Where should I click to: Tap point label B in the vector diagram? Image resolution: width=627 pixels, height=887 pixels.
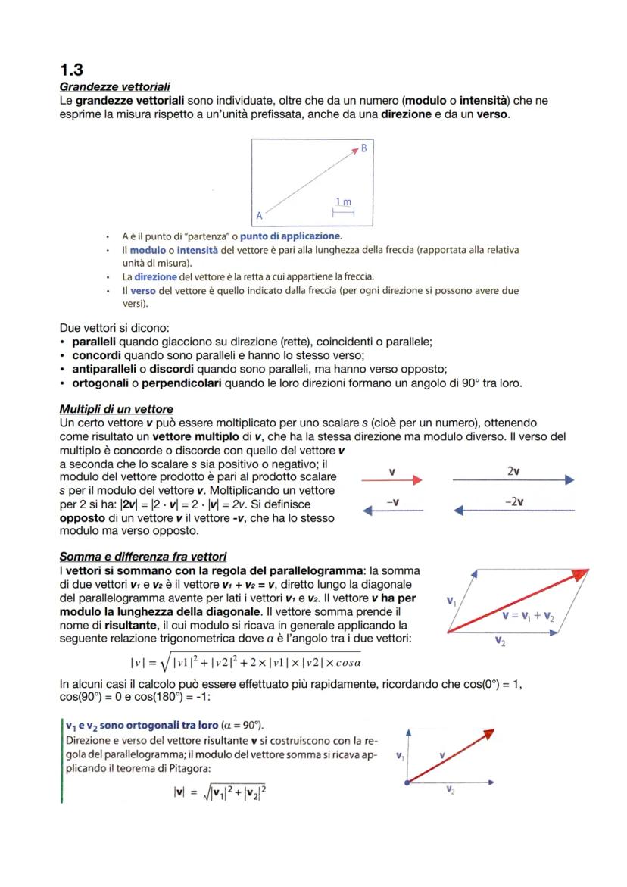(363, 148)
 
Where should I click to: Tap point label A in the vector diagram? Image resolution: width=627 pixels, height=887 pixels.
(259, 214)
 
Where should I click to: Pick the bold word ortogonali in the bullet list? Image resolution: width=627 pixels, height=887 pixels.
(103, 383)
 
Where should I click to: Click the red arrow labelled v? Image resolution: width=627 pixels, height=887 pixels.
(391, 480)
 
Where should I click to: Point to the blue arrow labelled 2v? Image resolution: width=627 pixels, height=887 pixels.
(513, 480)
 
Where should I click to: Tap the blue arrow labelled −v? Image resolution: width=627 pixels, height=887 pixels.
(391, 511)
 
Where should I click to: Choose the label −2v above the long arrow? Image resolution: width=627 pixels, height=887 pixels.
(513, 501)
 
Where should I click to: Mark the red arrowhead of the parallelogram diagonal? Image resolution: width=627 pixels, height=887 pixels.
(584, 575)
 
